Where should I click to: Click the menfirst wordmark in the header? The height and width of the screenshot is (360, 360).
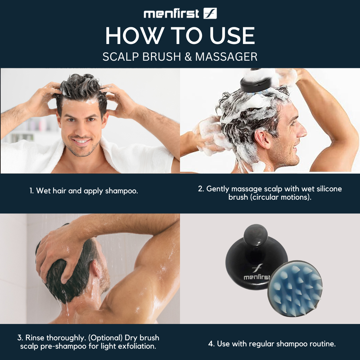[x=171, y=14]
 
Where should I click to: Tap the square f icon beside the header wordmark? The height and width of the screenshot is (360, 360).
[x=210, y=13]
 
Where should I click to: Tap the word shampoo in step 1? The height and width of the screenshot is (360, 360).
[x=121, y=191]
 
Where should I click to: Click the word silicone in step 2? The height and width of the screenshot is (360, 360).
[x=329, y=189]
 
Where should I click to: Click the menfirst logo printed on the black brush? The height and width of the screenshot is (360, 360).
[x=257, y=272]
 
